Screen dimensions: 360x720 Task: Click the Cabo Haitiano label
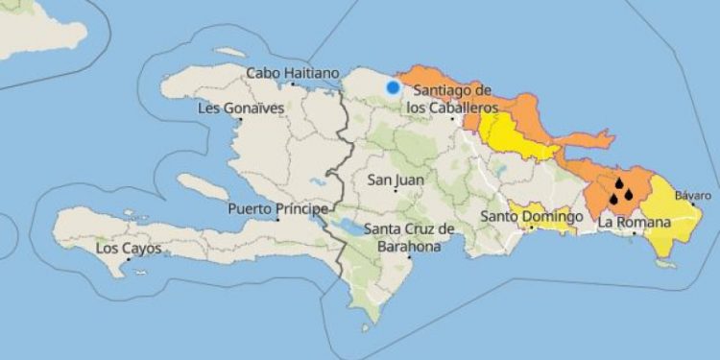(x=293, y=73)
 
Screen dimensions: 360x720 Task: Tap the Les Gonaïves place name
(x=240, y=108)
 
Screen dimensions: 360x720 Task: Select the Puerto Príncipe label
(x=277, y=209)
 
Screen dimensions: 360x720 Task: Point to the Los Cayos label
(x=129, y=249)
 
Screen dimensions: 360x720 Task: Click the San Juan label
(x=396, y=180)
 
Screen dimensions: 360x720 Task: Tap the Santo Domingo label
(x=532, y=217)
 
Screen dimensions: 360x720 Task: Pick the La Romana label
(x=633, y=223)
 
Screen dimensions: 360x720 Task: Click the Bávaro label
(x=692, y=196)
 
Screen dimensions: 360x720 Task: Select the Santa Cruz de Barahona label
(x=409, y=237)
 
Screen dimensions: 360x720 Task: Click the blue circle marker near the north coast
(x=393, y=87)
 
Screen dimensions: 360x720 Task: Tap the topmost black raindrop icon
(x=619, y=182)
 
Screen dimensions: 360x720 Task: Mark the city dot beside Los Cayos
(x=128, y=259)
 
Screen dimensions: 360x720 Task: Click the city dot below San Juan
(x=396, y=190)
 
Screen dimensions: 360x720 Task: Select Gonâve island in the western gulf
(x=204, y=186)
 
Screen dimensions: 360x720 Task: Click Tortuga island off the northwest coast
(x=229, y=52)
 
